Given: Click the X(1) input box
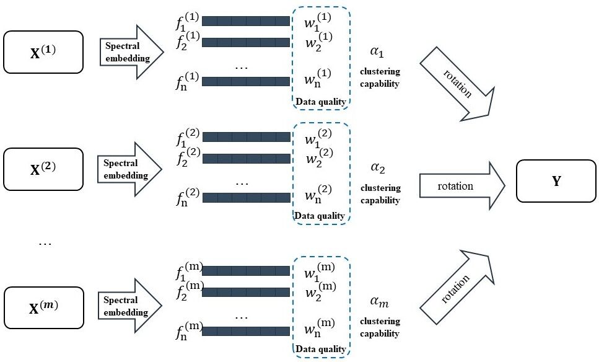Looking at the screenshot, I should (43, 52).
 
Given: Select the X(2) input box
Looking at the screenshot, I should (43, 169).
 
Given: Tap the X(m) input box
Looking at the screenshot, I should (43, 307).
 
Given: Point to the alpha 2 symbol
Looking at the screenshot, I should (378, 168).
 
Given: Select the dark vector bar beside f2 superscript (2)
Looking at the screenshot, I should (246, 157).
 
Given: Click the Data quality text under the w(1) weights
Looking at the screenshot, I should (320, 100).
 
